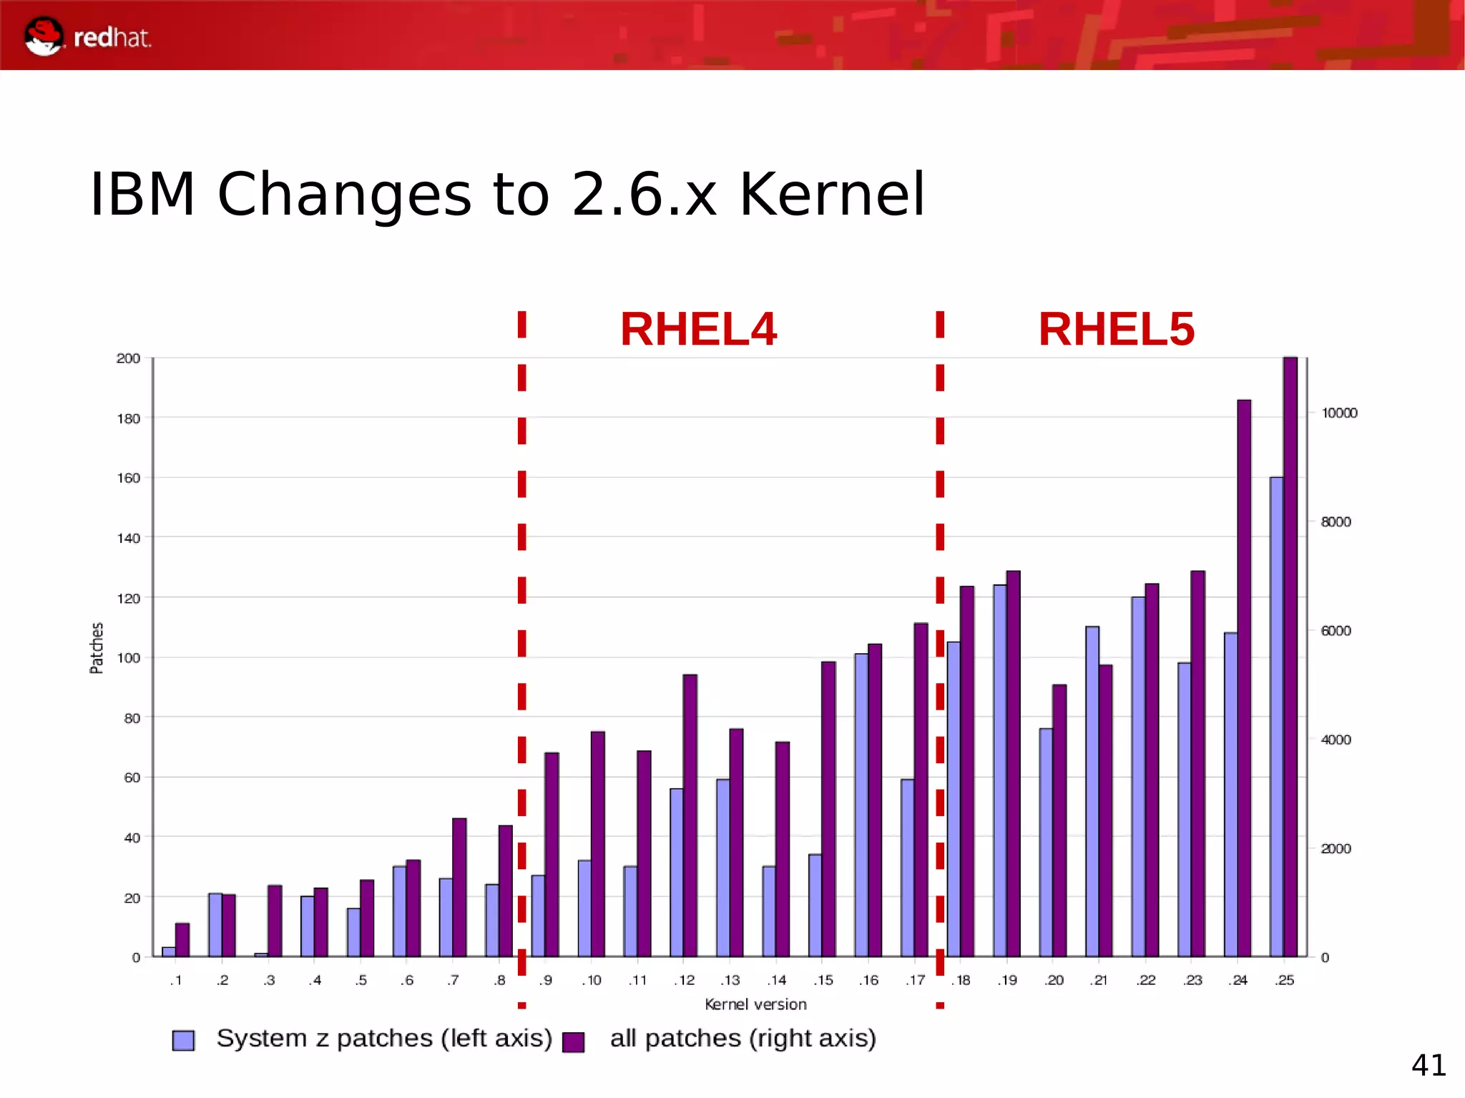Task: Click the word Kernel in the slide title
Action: coord(832,195)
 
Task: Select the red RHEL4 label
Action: coord(698,330)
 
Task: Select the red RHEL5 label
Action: coord(1116,330)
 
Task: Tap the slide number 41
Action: coord(1428,1065)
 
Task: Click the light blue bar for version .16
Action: coord(861,805)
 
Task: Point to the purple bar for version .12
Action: coord(690,815)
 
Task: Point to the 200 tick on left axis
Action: coord(129,358)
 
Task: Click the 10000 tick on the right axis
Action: coord(1339,413)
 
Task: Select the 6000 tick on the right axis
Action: coord(1336,631)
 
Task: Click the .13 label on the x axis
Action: coord(730,980)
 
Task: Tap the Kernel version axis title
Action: coord(755,1004)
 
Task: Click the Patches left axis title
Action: coord(97,648)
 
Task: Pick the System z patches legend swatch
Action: coord(184,1040)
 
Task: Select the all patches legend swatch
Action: coord(574,1041)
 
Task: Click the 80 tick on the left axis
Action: coord(132,717)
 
